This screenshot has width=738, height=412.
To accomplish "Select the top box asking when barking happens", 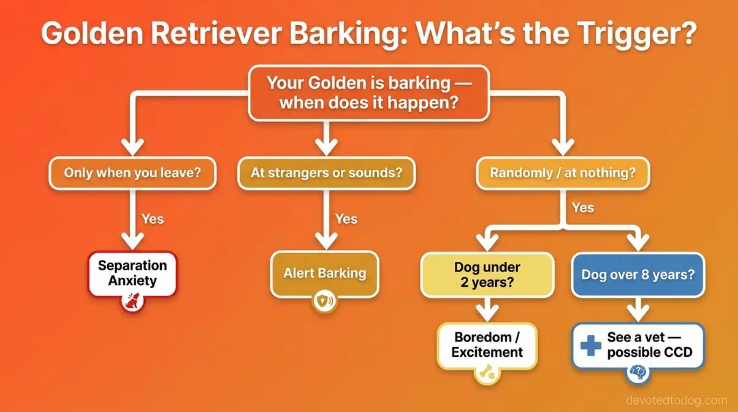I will pyautogui.click(x=368, y=93).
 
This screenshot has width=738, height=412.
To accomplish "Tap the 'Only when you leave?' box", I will pyautogui.click(x=132, y=172).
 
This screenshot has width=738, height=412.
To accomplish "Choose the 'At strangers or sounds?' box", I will pyautogui.click(x=326, y=172).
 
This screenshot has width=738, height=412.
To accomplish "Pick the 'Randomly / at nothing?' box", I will pyautogui.click(x=562, y=172).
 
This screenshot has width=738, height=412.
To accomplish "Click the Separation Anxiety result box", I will pyautogui.click(x=132, y=273).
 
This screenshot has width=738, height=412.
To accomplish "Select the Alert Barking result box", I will pyautogui.click(x=324, y=273).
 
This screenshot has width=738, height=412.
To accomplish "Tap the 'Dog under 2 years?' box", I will pyautogui.click(x=487, y=275).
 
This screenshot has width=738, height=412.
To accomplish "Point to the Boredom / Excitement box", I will pyautogui.click(x=487, y=345).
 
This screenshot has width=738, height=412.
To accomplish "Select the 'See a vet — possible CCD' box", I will pyautogui.click(x=638, y=345).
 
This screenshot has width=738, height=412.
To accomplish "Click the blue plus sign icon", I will pyautogui.click(x=590, y=345).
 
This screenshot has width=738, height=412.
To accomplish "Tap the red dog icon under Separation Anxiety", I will pyautogui.click(x=132, y=301).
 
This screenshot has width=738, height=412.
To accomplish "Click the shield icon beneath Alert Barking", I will pyautogui.click(x=324, y=301).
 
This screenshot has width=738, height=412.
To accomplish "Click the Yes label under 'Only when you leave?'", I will pyautogui.click(x=153, y=218).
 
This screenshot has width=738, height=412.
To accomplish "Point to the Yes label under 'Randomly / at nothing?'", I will pyautogui.click(x=582, y=207).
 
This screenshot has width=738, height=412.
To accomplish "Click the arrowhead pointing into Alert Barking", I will pyautogui.click(x=325, y=240).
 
